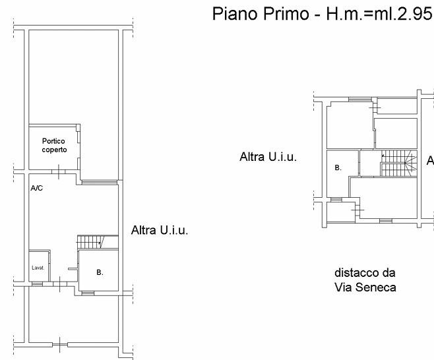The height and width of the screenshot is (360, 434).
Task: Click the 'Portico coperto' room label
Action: (x=54, y=145)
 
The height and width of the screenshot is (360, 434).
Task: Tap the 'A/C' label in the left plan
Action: (x=36, y=188)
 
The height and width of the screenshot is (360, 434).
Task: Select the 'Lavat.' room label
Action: (x=38, y=268)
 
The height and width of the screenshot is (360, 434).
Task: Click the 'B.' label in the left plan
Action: (x=100, y=272)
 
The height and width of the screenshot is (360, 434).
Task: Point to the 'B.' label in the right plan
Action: (x=338, y=167)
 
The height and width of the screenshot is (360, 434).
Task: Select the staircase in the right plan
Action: (x=398, y=164)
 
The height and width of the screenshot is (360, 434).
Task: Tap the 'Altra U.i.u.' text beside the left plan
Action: (x=160, y=230)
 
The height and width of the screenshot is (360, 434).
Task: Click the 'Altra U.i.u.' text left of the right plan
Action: (x=268, y=157)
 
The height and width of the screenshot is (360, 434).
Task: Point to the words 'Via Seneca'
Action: (x=365, y=287)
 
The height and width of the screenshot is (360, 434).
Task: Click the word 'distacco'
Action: (x=357, y=273)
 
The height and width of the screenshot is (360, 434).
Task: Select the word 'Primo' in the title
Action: (x=286, y=14)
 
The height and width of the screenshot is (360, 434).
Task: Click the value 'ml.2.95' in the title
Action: (x=403, y=14)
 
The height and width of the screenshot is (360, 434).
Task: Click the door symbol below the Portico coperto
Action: (x=59, y=172)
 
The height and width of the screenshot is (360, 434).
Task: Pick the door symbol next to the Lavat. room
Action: (x=60, y=284)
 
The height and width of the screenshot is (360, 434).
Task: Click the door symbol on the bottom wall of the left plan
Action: (x=60, y=345)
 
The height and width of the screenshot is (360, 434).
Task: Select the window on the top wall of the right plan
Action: (x=360, y=100)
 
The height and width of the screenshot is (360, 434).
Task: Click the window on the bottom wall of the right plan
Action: (x=386, y=220)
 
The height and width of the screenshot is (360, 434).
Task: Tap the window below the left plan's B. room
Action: (x=88, y=293)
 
